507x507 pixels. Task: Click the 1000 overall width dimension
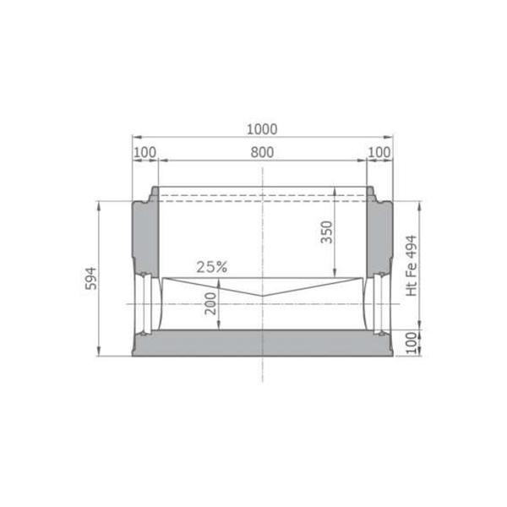[x=262, y=129]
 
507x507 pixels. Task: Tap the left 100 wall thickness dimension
[x=145, y=152]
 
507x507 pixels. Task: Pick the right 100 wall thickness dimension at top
[x=379, y=152]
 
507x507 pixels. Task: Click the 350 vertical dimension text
[x=328, y=232]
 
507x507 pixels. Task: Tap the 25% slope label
[x=212, y=266]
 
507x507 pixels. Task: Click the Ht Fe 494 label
[x=412, y=264]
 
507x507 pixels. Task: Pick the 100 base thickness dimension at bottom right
[x=412, y=343]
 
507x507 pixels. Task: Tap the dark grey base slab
[x=262, y=345]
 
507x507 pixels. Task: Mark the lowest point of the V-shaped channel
[x=262, y=297]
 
